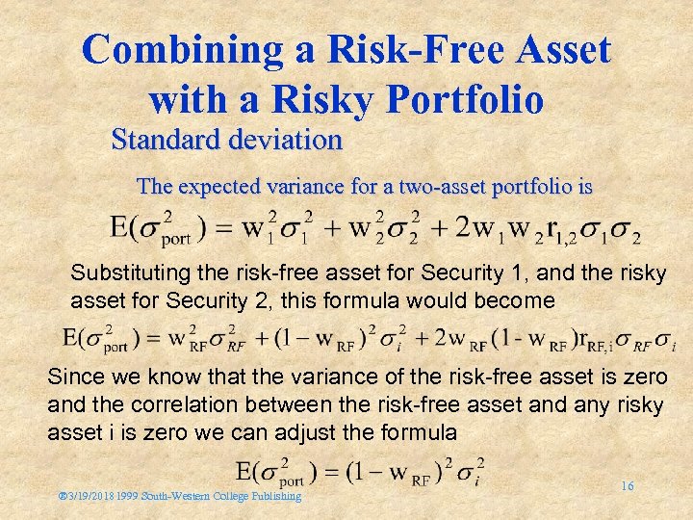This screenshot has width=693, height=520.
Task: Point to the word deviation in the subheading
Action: point(287,141)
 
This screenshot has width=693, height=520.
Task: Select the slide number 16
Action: point(627,486)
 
